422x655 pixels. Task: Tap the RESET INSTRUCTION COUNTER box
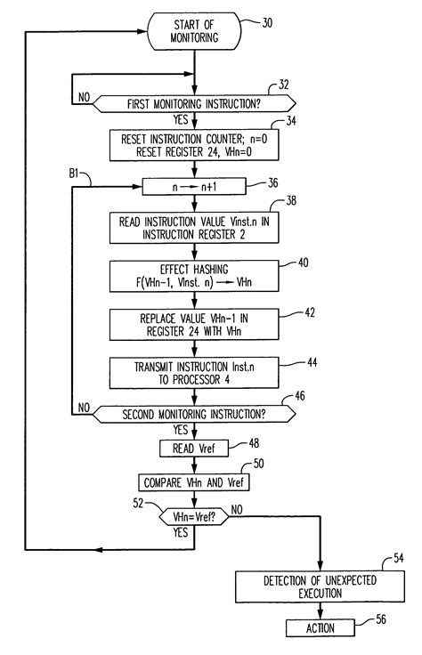click(x=193, y=145)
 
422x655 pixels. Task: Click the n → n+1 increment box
click(x=193, y=185)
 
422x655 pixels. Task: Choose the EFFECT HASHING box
click(x=193, y=275)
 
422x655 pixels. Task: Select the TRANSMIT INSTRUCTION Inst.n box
click(x=193, y=369)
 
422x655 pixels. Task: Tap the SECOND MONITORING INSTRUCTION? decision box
click(x=193, y=414)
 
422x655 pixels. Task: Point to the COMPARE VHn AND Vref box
click(x=193, y=481)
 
